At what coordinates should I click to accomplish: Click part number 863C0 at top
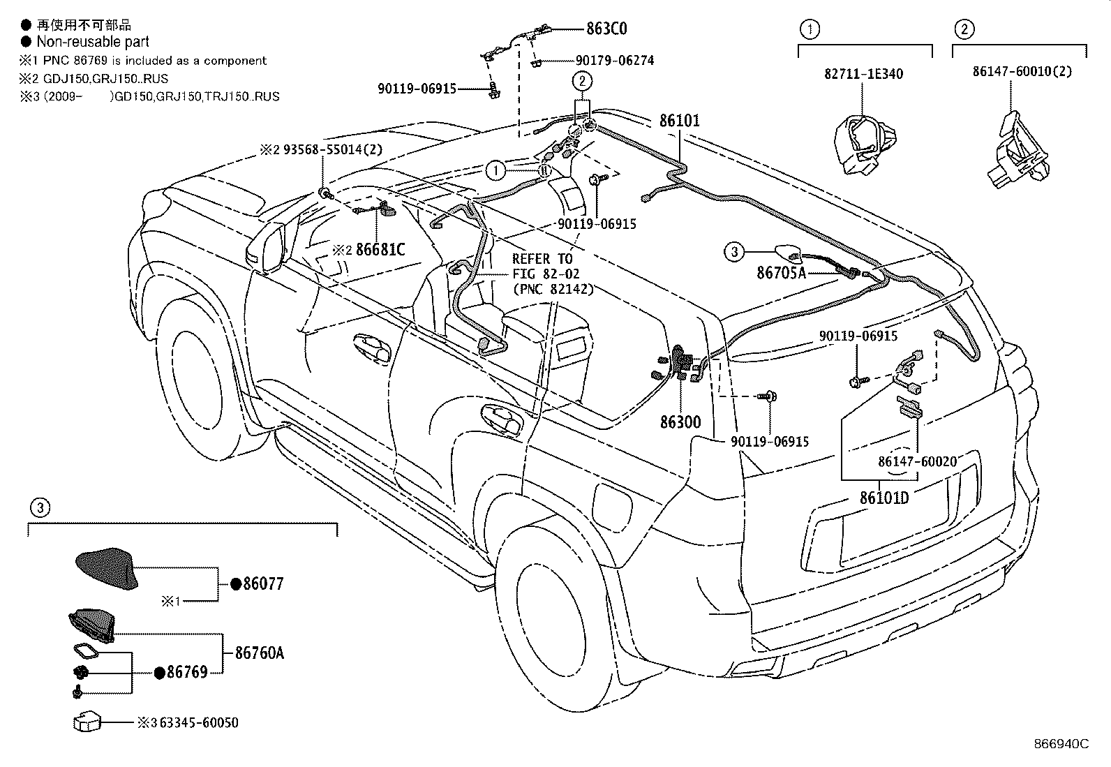tap(606, 29)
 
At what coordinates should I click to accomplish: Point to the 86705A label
tap(781, 273)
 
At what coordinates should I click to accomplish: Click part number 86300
tap(680, 422)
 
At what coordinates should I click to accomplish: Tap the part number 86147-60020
tap(917, 462)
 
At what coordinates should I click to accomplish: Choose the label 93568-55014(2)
tap(331, 150)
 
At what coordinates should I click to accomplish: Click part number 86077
tap(263, 584)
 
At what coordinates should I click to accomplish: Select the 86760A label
tap(260, 653)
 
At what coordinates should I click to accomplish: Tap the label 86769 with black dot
tap(187, 672)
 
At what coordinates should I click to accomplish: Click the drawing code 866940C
tap(1061, 744)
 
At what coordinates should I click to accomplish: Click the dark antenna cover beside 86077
tap(106, 567)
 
